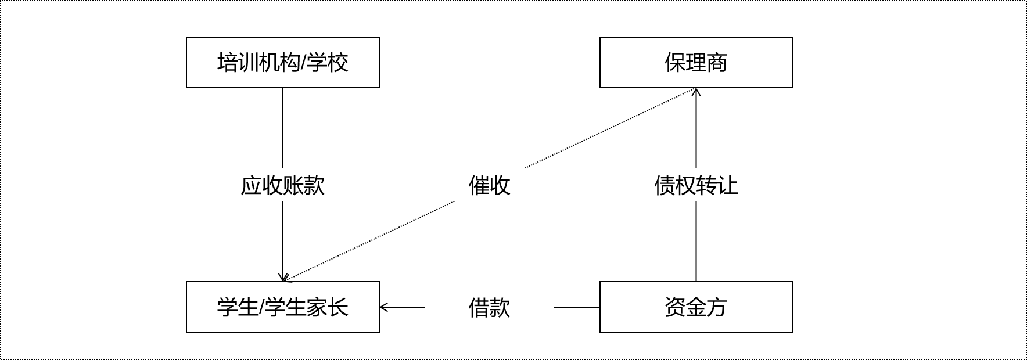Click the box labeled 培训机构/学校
282,63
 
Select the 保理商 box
696,63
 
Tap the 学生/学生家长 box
282,307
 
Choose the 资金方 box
696,307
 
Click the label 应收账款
282,186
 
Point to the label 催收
489,186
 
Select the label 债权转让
696,186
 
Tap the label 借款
489,307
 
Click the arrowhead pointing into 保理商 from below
696,91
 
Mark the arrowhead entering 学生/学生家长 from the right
383,307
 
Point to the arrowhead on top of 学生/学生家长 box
283,278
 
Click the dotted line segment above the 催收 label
610,128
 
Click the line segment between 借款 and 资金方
576,307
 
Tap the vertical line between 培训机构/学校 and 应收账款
283,128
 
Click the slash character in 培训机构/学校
302,63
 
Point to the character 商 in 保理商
717,63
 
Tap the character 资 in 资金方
675,307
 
